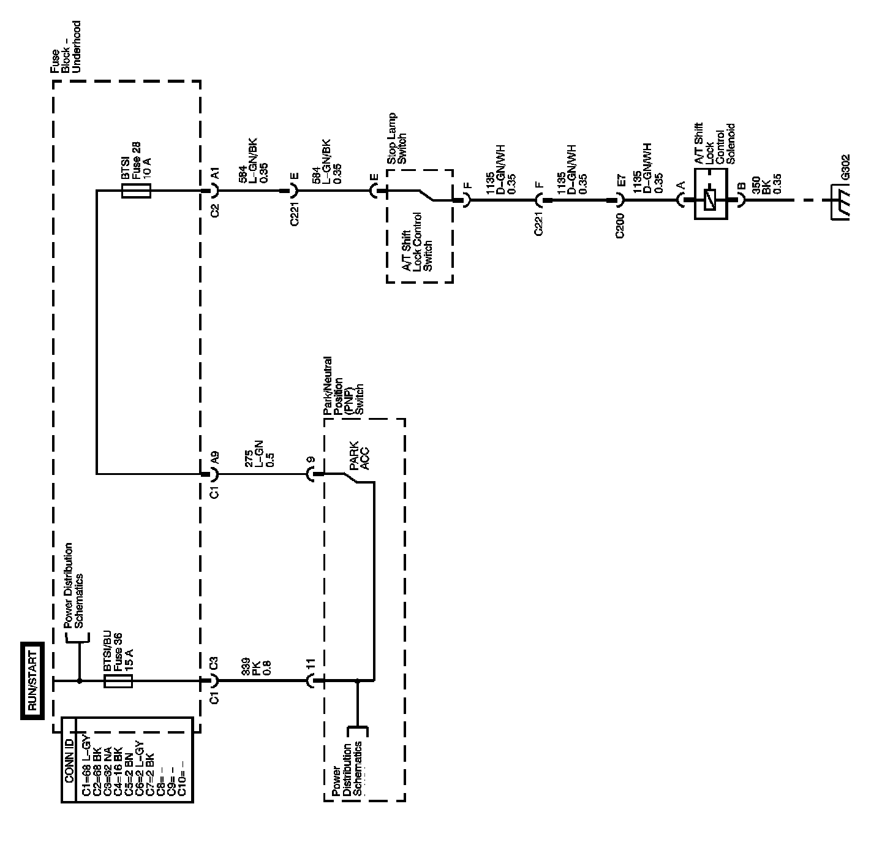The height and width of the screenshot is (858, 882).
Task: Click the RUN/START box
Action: coord(31,680)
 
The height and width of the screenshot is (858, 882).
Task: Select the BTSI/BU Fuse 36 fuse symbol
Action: coord(119,680)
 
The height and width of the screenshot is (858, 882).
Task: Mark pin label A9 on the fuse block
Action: coord(214,458)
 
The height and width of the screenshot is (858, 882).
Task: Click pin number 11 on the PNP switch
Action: coord(311,664)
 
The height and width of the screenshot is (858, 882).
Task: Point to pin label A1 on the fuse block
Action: coord(214,175)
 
